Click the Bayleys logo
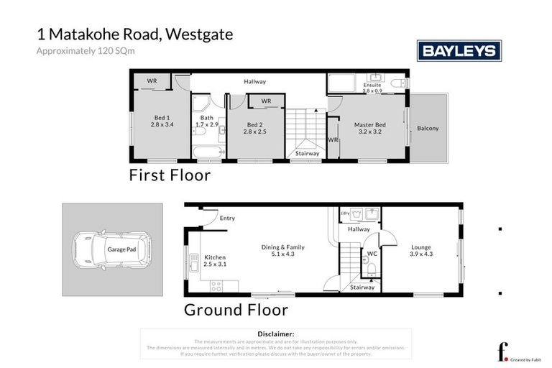tap(459, 51)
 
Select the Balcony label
tap(428, 129)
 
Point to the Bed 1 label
tap(162, 118)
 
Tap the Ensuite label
tap(372, 85)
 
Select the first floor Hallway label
tap(254, 81)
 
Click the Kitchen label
tap(216, 257)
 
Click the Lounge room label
tap(421, 247)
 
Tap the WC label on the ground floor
tap(372, 253)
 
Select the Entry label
tap(227, 218)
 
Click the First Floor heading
tap(170, 175)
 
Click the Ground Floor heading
tap(236, 310)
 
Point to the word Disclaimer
tap(275, 334)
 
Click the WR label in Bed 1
tap(152, 80)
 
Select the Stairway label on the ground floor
tap(362, 287)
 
